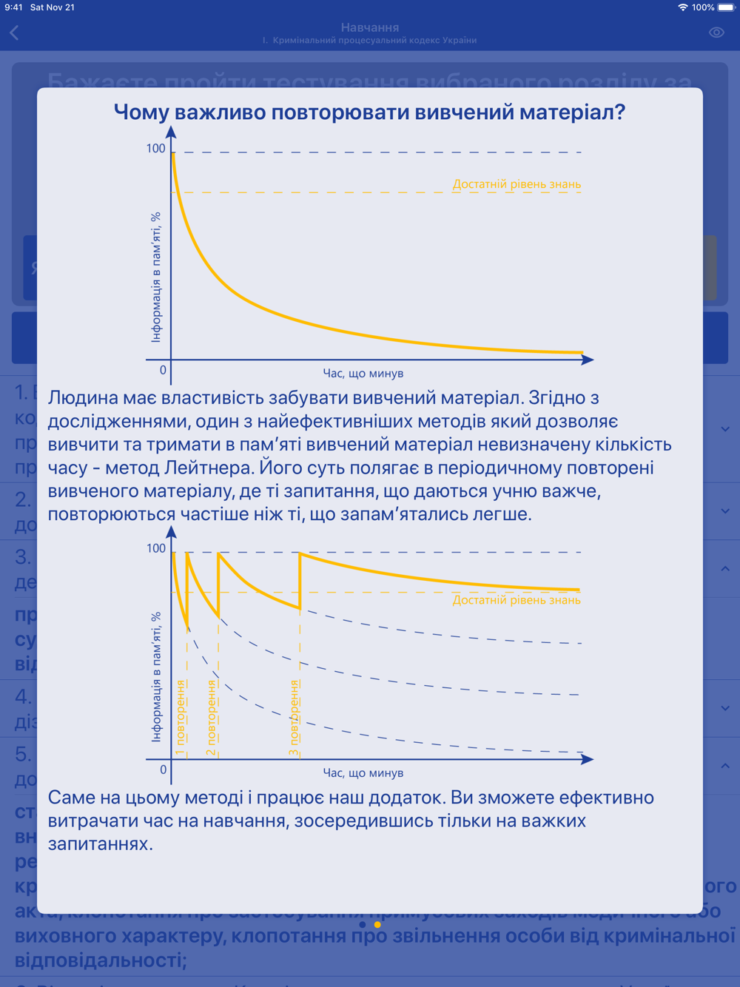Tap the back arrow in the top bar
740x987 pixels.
click(x=15, y=33)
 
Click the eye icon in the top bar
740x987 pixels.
click(x=716, y=33)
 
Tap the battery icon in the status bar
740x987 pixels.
click(x=726, y=7)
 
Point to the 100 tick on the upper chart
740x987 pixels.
click(x=155, y=149)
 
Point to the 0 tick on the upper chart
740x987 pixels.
click(x=163, y=370)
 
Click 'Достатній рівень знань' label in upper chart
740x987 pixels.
click(x=517, y=184)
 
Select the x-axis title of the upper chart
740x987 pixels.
click(x=363, y=374)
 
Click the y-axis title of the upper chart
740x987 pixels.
click(x=156, y=277)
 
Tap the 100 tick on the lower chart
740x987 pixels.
click(x=155, y=548)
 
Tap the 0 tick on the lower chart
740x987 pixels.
click(x=163, y=769)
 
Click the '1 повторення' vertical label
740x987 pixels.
click(x=180, y=718)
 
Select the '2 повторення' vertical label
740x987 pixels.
click(x=211, y=718)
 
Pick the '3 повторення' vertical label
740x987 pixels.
click(x=294, y=718)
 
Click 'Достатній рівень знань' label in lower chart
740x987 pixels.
click(x=517, y=600)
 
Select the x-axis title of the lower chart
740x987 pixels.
click(x=363, y=773)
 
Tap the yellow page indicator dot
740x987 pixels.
click(x=377, y=924)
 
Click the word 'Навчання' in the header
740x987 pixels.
click(x=370, y=27)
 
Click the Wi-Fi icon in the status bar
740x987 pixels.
click(x=682, y=7)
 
